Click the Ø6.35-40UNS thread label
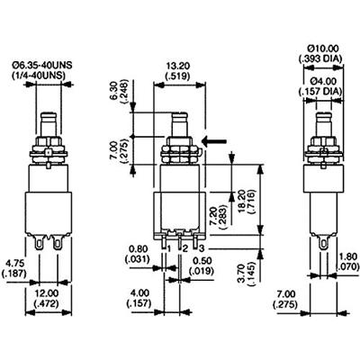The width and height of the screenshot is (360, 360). click(49, 64)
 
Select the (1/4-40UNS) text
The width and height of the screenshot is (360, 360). click(49, 76)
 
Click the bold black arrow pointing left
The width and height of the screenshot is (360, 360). click(214, 140)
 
